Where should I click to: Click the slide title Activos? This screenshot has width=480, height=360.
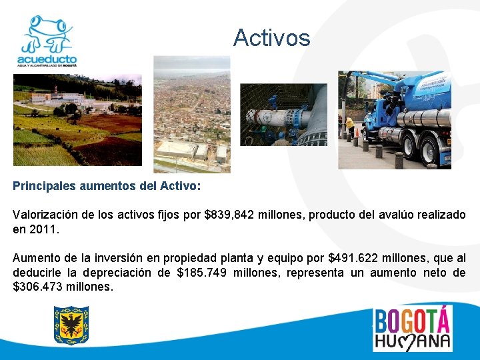pyautogui.click(x=271, y=38)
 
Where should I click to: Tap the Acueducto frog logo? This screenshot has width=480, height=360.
pyautogui.click(x=47, y=40)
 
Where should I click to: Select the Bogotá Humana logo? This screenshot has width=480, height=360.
pyautogui.click(x=412, y=328)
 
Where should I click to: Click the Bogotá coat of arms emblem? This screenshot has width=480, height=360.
pyautogui.click(x=71, y=325)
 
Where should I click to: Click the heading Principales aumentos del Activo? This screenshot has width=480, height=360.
pyautogui.click(x=106, y=187)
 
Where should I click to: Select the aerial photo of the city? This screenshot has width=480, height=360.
pyautogui.click(x=191, y=114)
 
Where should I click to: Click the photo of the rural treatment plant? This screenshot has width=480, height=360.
pyautogui.click(x=77, y=119)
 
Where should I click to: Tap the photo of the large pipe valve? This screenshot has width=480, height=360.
pyautogui.click(x=283, y=114)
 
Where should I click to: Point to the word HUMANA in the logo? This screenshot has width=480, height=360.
pyautogui.click(x=412, y=341)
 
